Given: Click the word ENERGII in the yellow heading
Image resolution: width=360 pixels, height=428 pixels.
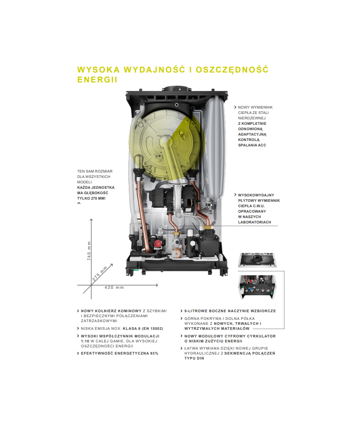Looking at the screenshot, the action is (97, 80).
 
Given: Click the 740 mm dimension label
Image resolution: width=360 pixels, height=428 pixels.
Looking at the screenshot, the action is (89, 251).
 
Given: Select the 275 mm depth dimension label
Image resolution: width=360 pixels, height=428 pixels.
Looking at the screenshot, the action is (100, 274).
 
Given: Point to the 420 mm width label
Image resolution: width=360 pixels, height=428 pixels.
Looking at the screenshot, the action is (114, 287).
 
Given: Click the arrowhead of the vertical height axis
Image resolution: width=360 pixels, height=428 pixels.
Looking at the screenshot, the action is (91, 219).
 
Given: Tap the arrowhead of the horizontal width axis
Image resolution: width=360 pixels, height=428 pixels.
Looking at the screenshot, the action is (157, 285).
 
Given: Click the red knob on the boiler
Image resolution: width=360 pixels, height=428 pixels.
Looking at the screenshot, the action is (157, 244).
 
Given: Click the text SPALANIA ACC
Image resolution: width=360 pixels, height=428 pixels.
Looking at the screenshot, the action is (252, 145).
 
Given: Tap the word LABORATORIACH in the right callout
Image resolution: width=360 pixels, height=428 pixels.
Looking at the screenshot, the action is (254, 222).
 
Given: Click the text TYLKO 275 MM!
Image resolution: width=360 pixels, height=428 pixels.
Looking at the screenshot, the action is (91, 198).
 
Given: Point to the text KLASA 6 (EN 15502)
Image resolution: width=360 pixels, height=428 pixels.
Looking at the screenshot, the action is (143, 328).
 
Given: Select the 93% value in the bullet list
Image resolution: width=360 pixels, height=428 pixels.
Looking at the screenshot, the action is (154, 353).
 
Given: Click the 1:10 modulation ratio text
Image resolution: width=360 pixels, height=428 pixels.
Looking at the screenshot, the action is (85, 341).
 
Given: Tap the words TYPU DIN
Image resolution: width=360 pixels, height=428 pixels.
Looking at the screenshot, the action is (194, 359).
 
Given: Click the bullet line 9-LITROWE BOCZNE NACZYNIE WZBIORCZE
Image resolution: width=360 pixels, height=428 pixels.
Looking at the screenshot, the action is (230, 311).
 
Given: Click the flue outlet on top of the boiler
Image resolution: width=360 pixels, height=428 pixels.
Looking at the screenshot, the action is (177, 89).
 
